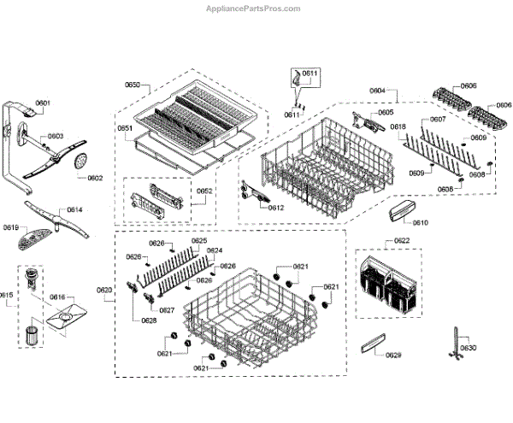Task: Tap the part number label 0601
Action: [x=43, y=103]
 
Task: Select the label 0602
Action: [x=94, y=179]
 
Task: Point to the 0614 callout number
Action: [x=74, y=209]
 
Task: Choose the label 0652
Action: [x=204, y=191]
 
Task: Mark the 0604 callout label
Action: [x=377, y=91]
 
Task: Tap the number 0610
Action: [x=420, y=222]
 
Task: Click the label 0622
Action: [x=401, y=241]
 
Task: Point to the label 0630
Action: [x=468, y=349]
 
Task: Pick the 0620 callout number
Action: [x=104, y=291]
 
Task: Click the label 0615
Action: [x=7, y=295]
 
